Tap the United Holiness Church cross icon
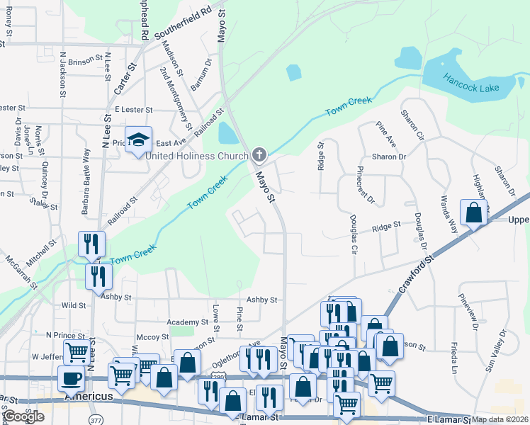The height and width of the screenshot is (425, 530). (x=259, y=154)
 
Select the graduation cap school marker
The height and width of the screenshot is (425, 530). (x=139, y=138)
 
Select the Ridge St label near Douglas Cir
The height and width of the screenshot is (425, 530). (x=386, y=225)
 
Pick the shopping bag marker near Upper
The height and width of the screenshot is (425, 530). (x=473, y=212)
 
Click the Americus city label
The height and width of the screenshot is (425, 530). (x=89, y=397)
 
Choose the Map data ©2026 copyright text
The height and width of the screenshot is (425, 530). (x=500, y=419)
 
